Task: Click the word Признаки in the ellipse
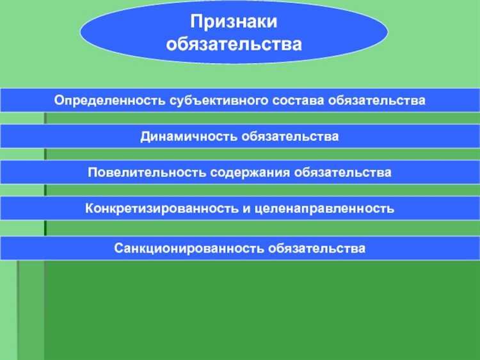(234, 22)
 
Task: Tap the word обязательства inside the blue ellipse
(234, 44)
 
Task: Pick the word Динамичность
(188, 136)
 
